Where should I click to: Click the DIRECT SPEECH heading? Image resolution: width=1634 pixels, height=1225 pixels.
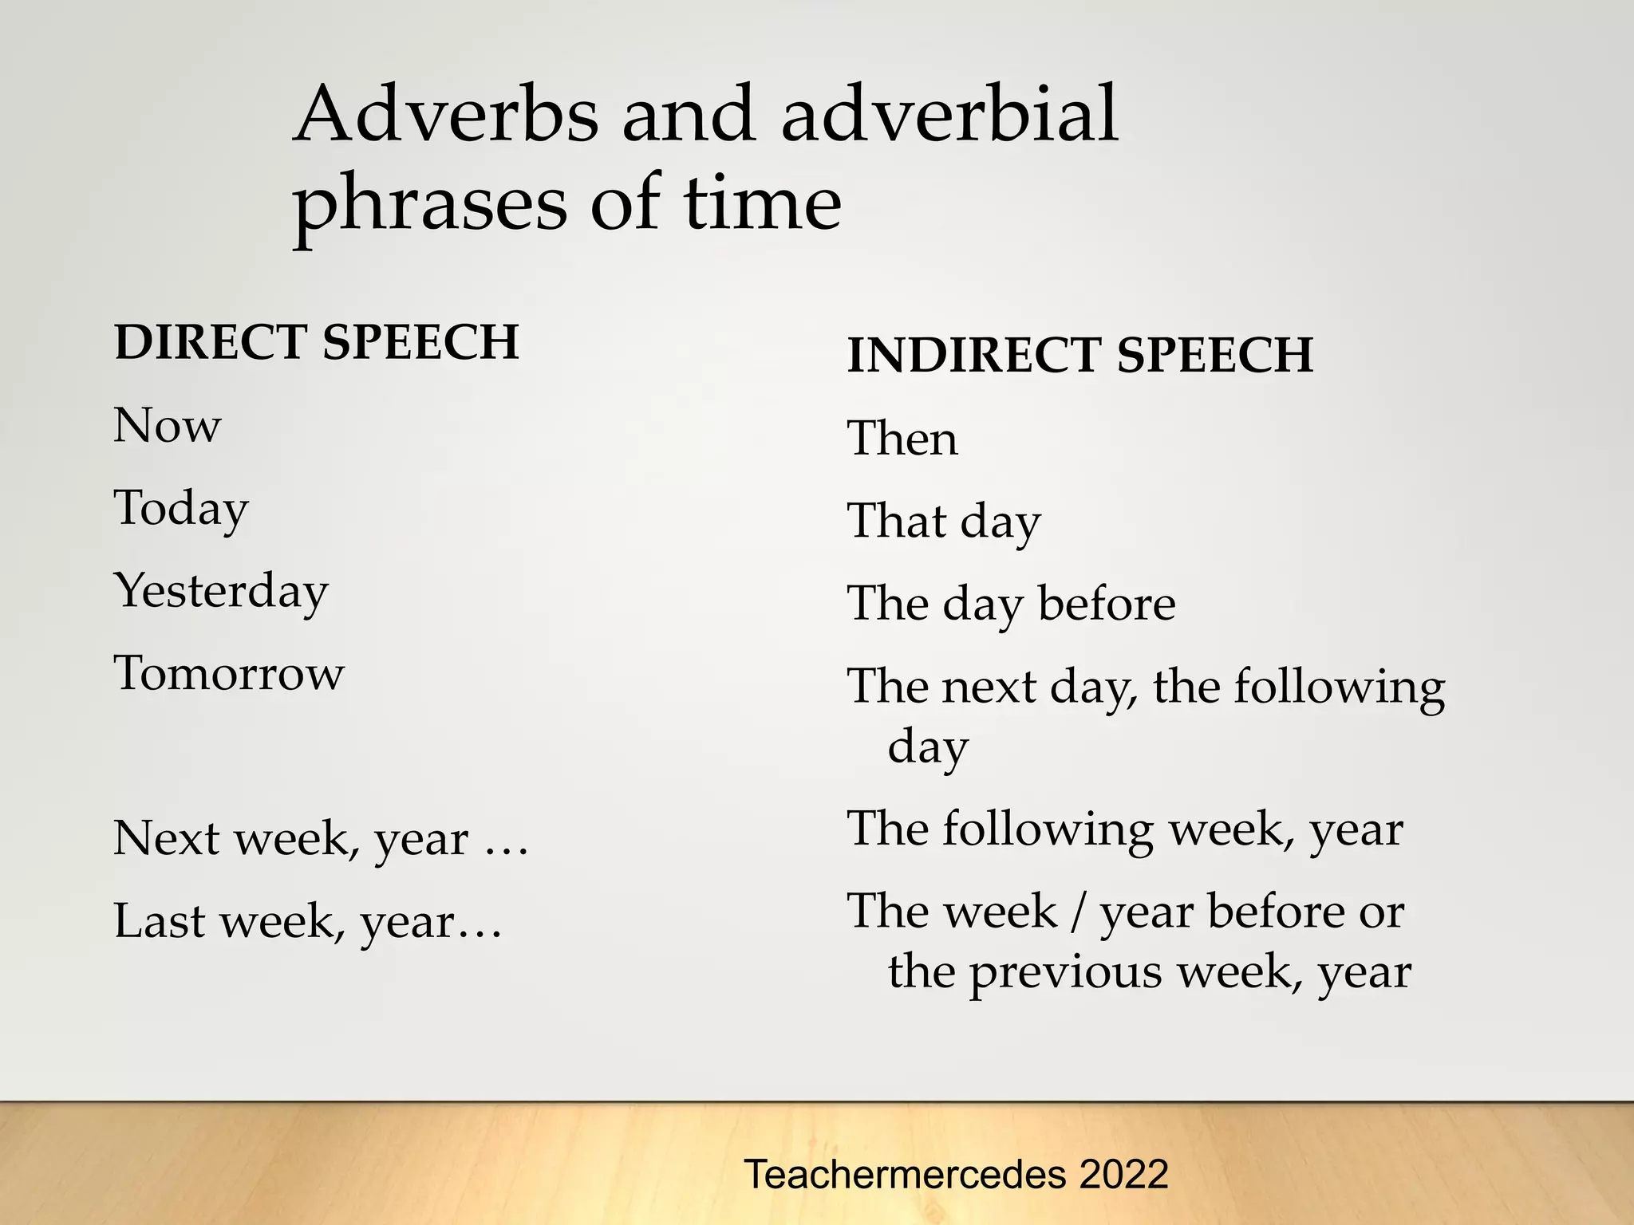click(x=317, y=342)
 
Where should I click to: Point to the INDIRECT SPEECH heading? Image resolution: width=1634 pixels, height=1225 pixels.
click(x=1079, y=355)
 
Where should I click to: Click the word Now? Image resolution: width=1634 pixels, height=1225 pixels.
click(x=167, y=425)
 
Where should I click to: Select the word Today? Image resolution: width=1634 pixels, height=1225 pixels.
click(x=181, y=508)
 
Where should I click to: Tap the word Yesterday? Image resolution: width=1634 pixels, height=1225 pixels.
click(x=221, y=591)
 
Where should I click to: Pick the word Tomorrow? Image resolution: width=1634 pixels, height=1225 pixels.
click(x=229, y=673)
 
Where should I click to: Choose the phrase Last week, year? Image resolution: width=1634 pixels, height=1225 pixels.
click(x=308, y=921)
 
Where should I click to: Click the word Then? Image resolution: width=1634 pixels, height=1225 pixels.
click(x=902, y=439)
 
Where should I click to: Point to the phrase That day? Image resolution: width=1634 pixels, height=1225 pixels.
click(x=943, y=522)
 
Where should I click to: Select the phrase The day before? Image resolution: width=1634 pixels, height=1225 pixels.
click(x=1011, y=604)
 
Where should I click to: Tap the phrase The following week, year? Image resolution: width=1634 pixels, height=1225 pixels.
click(x=1124, y=829)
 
